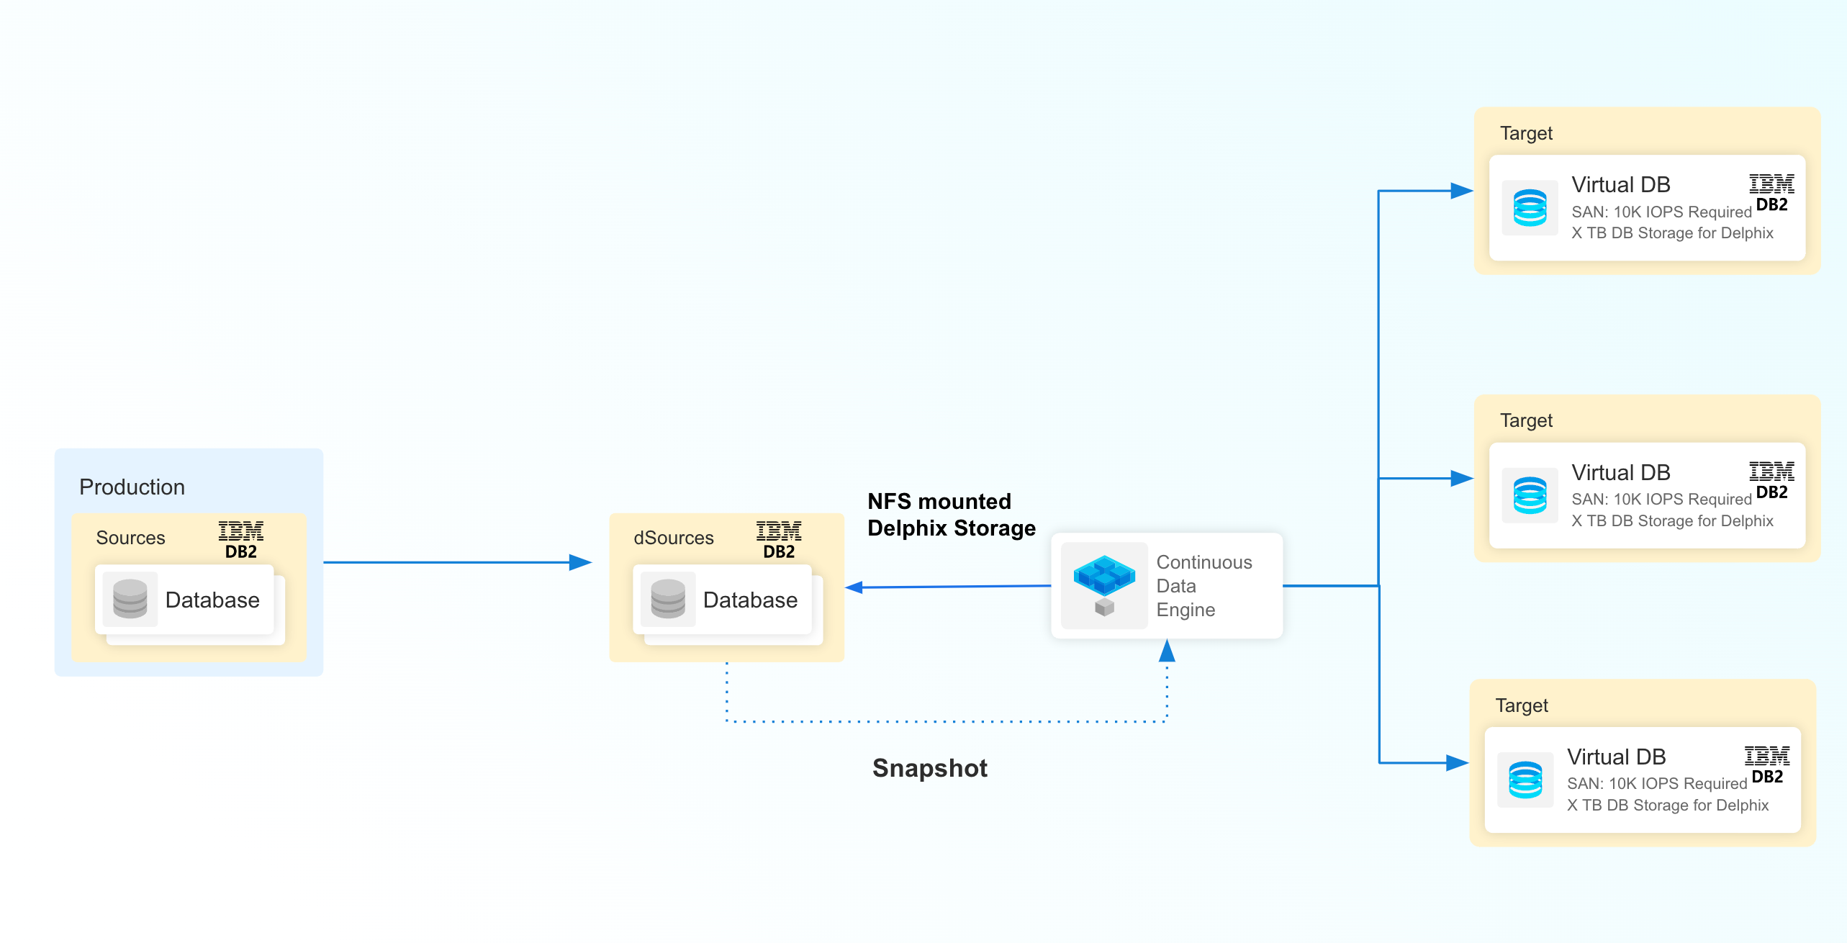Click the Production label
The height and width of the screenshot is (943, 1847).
coord(132,487)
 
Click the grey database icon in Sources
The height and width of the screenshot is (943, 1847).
coord(130,599)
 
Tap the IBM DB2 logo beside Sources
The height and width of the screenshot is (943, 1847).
coord(241,540)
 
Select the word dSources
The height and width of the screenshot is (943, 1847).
coord(673,538)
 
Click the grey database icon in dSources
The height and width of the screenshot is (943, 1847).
coord(667,599)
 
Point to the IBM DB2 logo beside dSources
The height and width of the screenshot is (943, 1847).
coord(779,540)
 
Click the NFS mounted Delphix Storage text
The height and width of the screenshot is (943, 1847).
coord(950,515)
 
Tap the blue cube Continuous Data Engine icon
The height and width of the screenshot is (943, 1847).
coord(1103,585)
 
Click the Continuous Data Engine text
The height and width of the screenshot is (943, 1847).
coord(1203,586)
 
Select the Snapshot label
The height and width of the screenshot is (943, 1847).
coord(929,768)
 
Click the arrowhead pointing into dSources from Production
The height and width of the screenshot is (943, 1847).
coord(580,562)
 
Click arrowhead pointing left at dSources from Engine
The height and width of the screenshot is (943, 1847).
coord(855,587)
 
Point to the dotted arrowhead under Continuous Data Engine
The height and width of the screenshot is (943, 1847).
coord(1167,651)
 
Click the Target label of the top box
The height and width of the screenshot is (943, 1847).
coord(1525,133)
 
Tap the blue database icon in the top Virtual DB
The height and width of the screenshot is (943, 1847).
coord(1530,208)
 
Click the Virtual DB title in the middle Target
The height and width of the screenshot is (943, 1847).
coord(1620,472)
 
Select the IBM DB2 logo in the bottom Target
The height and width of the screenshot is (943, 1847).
coord(1766,765)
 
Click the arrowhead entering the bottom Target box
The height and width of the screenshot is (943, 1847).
coord(1457,763)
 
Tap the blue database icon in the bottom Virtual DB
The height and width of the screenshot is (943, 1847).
coord(1525,780)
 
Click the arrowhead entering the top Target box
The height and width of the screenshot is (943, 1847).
coord(1461,191)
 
